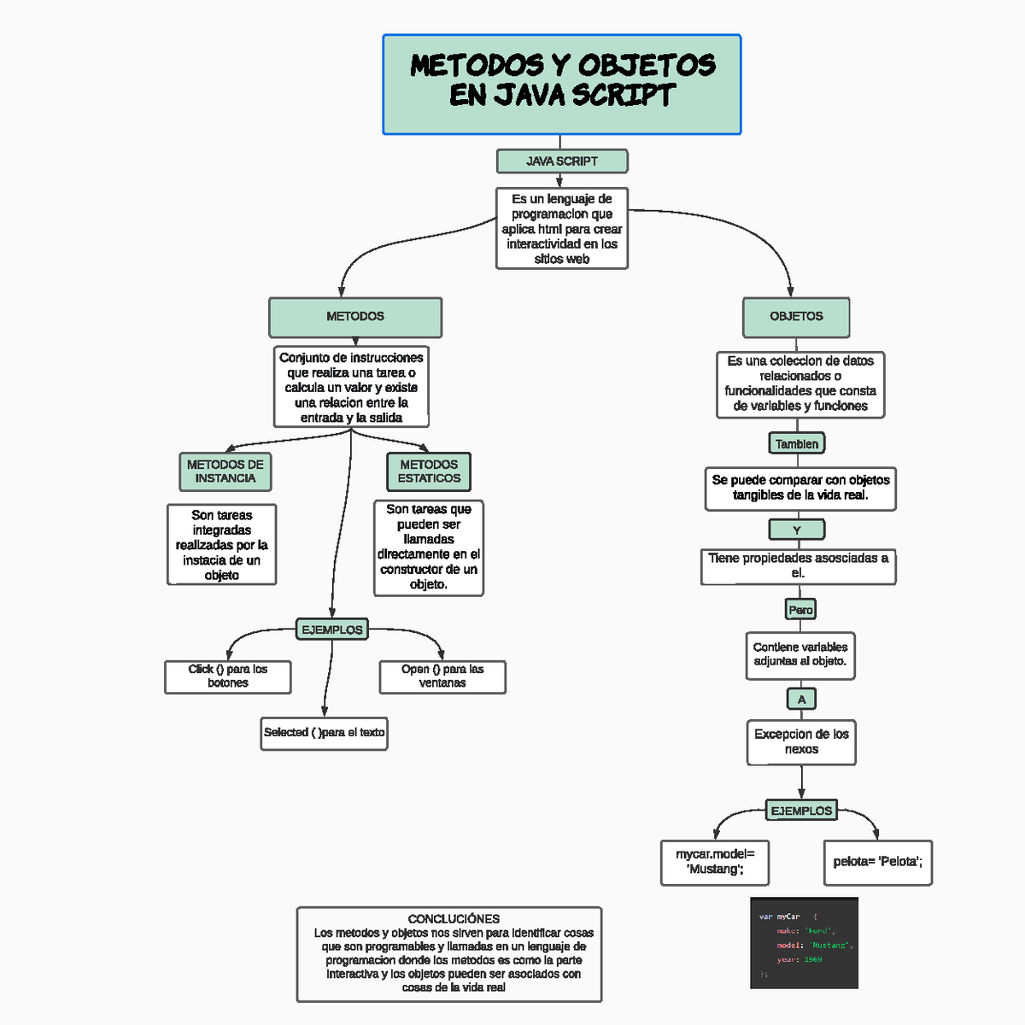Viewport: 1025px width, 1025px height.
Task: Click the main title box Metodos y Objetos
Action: [x=561, y=85]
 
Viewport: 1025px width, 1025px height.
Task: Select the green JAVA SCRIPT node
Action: [x=561, y=161]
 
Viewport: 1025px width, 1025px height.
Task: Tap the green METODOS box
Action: [x=355, y=317]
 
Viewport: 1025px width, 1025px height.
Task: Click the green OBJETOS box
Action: [x=796, y=317]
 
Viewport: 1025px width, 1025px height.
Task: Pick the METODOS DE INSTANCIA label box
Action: [x=225, y=471]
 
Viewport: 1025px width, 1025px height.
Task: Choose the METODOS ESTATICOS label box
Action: [x=429, y=471]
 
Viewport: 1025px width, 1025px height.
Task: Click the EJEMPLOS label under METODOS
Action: [x=332, y=630]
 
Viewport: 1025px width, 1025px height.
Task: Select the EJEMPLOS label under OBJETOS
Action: [x=801, y=811]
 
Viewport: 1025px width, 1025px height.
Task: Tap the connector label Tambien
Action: [x=797, y=443]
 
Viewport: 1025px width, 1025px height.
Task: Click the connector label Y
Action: [x=797, y=530]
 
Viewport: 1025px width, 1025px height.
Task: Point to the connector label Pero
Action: [x=800, y=609]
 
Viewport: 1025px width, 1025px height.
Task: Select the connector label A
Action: [x=801, y=700]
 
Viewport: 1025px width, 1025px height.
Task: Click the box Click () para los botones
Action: [x=228, y=676]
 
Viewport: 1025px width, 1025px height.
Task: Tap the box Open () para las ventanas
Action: [x=442, y=676]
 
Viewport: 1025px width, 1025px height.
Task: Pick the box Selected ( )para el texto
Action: [x=325, y=733]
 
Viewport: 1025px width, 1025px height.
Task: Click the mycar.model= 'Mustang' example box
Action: [x=716, y=862]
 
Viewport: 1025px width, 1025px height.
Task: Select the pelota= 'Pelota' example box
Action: [x=877, y=862]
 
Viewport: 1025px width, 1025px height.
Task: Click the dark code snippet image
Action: [x=804, y=943]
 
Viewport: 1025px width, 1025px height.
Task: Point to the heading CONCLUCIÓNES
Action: [x=454, y=919]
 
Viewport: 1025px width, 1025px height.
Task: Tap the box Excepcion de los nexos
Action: [x=801, y=741]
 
